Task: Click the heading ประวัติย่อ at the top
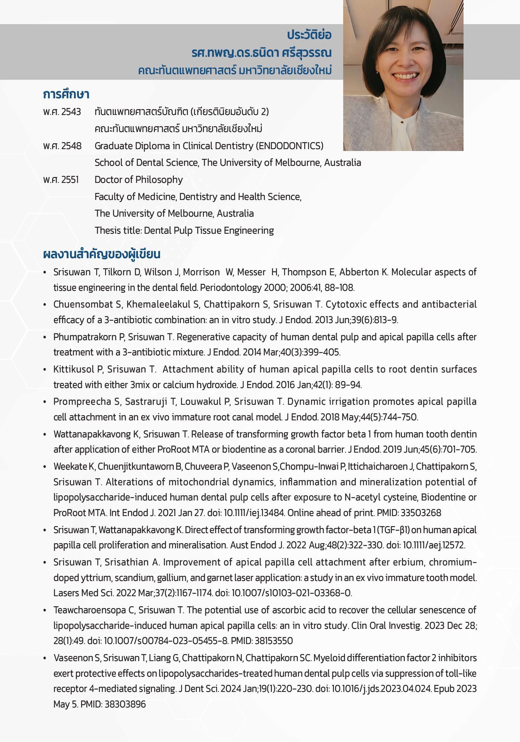point(309,35)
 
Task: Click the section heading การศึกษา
point(66,95)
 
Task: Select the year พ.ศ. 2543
point(62,112)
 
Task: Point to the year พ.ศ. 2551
point(61,180)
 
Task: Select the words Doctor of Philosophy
point(139,180)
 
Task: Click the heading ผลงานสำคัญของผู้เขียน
point(101,255)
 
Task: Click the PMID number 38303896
point(125,704)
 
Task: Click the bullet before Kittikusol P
point(45,370)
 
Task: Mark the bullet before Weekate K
point(45,467)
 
